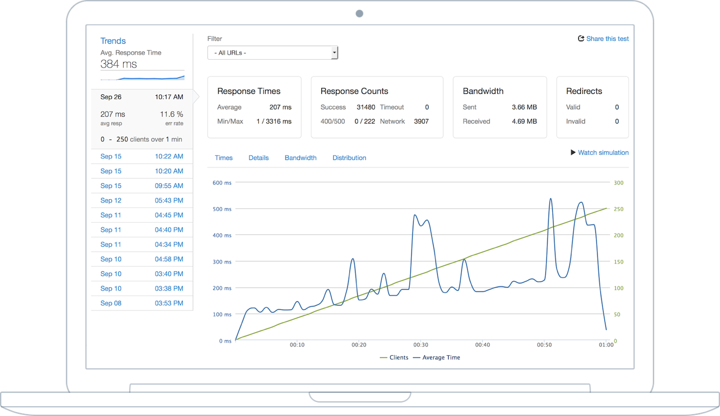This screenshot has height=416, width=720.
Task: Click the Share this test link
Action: pos(603,39)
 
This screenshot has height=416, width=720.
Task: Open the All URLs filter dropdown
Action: pos(272,52)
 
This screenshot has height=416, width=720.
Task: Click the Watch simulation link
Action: pos(599,153)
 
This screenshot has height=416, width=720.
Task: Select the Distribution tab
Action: pos(349,158)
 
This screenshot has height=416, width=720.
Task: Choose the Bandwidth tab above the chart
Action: pos(300,158)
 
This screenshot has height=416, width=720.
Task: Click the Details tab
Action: pos(258,158)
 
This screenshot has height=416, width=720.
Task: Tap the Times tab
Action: pos(224,158)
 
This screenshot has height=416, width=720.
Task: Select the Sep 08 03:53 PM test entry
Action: pos(142,303)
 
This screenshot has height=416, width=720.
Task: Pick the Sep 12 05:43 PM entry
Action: pos(142,201)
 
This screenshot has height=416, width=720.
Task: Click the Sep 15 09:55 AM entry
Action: pos(142,186)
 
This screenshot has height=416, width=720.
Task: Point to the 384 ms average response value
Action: pos(118,64)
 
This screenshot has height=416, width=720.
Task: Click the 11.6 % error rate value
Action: pos(171,114)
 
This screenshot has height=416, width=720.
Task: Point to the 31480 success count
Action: pos(365,107)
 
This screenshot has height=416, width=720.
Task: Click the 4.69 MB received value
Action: pos(524,121)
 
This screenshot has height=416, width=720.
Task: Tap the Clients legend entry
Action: pos(394,358)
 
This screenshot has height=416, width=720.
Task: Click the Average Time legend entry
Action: pos(436,358)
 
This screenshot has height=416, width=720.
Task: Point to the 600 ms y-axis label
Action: pos(222,183)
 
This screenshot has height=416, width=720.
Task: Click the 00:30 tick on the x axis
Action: pos(421,345)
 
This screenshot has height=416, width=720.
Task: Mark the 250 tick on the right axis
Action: pos(618,209)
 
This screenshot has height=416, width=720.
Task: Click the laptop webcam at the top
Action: pos(359,14)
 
